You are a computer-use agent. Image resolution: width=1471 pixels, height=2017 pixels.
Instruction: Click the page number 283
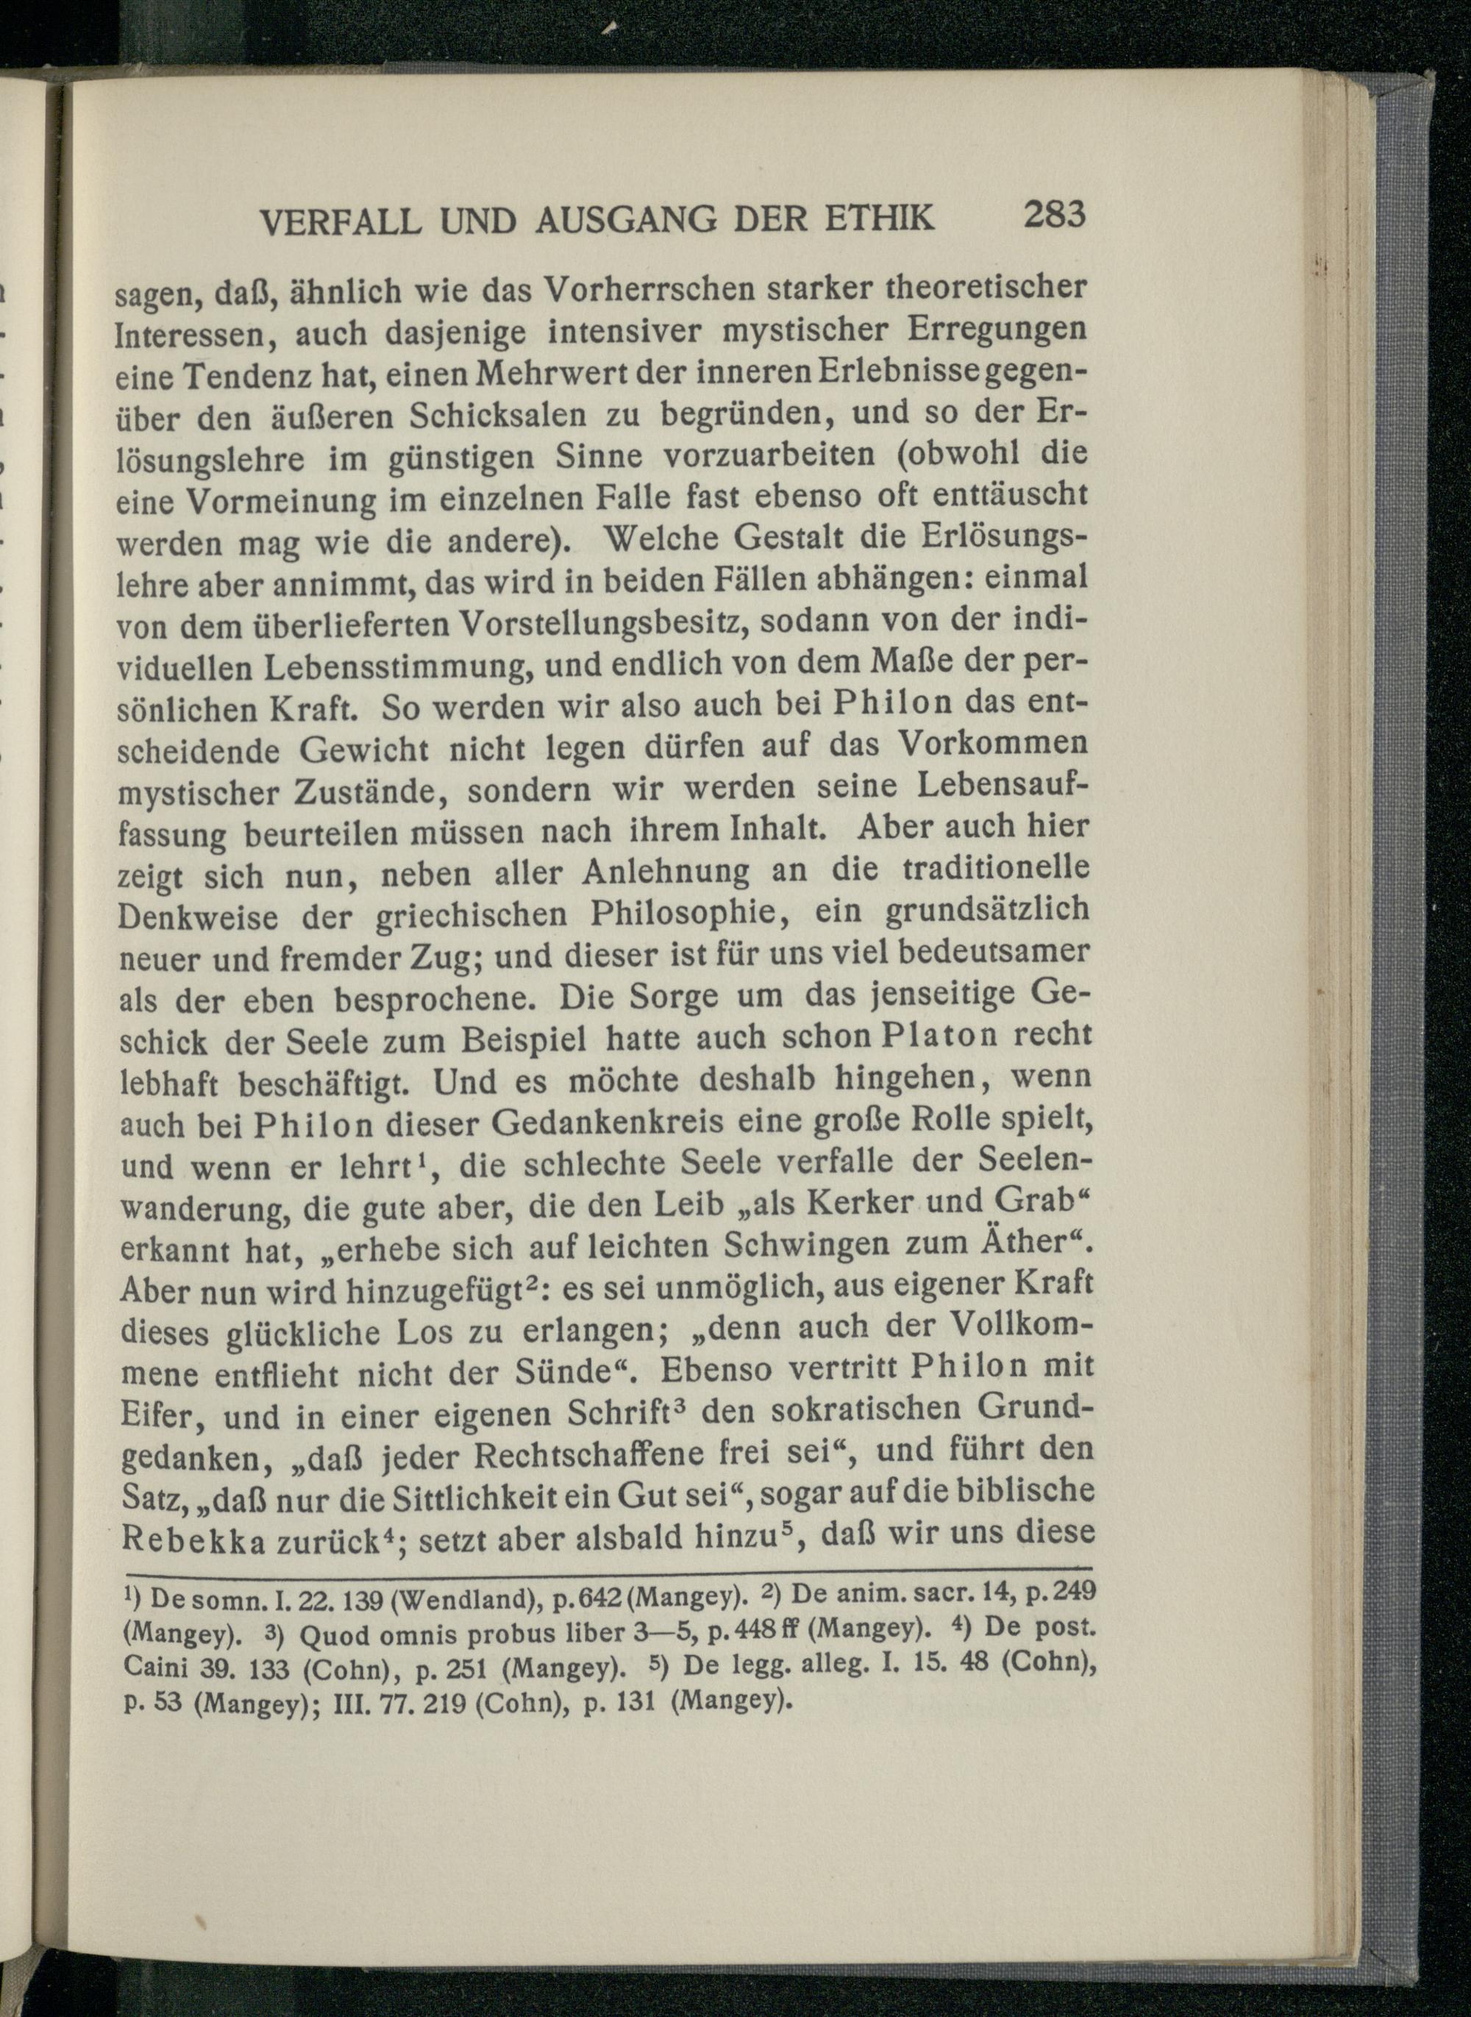(x=1055, y=216)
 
